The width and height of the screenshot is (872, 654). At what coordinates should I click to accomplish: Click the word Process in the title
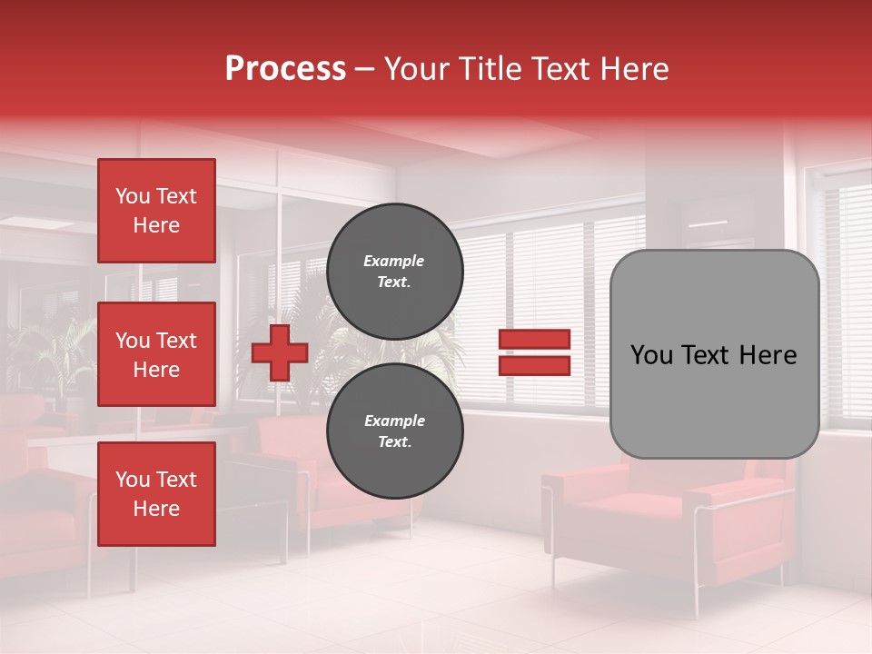click(x=285, y=69)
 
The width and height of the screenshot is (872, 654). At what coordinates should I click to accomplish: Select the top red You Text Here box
click(x=156, y=211)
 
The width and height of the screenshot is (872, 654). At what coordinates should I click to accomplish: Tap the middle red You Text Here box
click(x=156, y=354)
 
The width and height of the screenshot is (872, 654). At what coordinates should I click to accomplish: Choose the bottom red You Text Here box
click(x=156, y=493)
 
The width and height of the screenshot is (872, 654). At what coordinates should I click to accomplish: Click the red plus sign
click(x=280, y=352)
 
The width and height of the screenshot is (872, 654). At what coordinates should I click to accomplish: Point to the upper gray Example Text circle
click(x=394, y=272)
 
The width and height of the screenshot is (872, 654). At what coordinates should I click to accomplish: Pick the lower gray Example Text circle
click(x=394, y=431)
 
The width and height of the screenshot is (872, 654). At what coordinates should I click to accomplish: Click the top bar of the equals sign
click(x=534, y=340)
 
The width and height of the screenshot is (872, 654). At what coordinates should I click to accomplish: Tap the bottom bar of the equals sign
click(x=534, y=366)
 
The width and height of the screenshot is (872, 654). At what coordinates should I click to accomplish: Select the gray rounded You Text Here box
click(x=714, y=354)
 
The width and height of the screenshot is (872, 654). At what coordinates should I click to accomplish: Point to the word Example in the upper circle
click(x=394, y=261)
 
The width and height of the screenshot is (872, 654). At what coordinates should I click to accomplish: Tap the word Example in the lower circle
click(x=394, y=421)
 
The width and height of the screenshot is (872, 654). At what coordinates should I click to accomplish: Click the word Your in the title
click(x=417, y=69)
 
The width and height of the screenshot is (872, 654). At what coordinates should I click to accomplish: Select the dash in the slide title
click(x=364, y=70)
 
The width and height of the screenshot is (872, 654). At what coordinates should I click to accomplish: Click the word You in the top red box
click(x=132, y=196)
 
